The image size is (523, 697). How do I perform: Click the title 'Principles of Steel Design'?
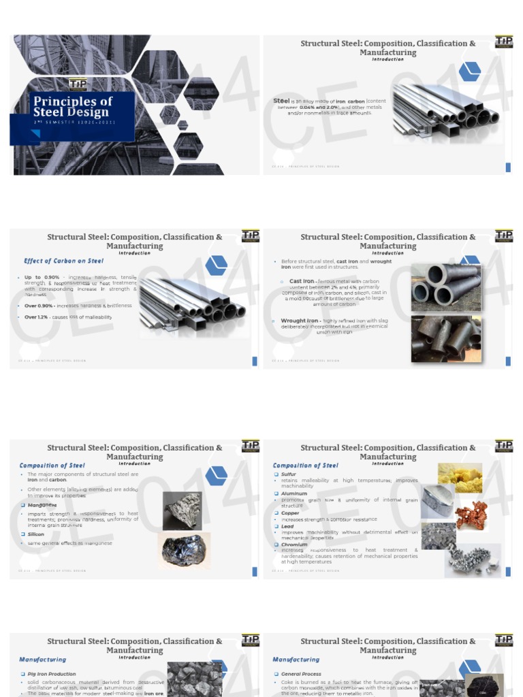click(x=73, y=107)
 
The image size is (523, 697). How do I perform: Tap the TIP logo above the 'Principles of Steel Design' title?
click(x=77, y=84)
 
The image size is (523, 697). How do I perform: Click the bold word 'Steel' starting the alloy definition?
click(x=281, y=101)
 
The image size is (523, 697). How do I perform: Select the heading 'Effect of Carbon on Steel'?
click(x=63, y=261)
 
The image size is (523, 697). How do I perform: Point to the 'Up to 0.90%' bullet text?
click(x=42, y=278)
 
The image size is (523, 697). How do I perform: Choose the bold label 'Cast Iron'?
click(x=302, y=280)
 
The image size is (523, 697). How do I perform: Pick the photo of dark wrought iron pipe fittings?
click(x=446, y=338)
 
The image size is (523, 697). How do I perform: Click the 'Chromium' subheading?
click(x=294, y=545)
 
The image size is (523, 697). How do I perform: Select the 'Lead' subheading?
click(x=287, y=526)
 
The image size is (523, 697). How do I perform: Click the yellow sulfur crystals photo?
click(x=460, y=476)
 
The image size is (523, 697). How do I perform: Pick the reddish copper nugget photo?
click(x=471, y=515)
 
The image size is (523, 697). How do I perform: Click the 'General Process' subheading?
click(x=301, y=674)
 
